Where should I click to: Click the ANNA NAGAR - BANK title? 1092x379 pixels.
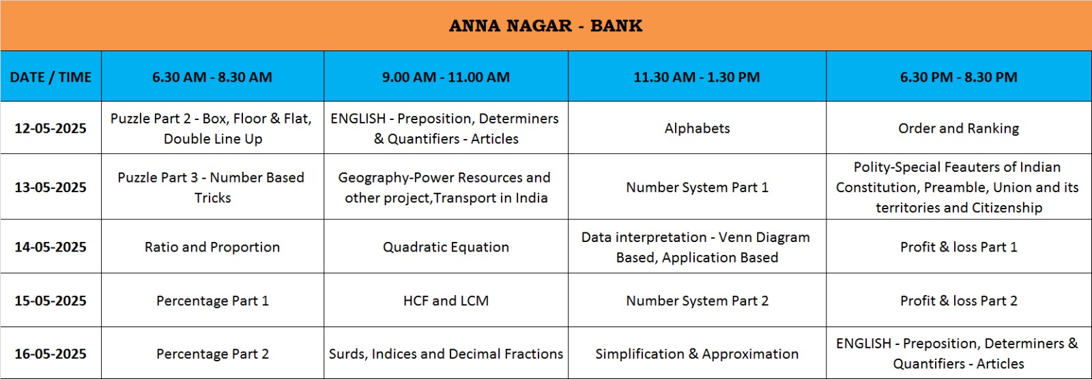pyautogui.click(x=545, y=26)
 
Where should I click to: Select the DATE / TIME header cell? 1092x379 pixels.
pyautogui.click(x=51, y=77)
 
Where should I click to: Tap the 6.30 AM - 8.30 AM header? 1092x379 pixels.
pyautogui.click(x=212, y=77)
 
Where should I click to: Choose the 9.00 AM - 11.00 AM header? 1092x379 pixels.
pyautogui.click(x=446, y=77)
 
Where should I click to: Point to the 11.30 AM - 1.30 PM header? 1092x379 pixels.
pyautogui.click(x=697, y=77)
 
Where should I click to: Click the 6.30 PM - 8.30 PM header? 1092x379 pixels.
pyautogui.click(x=958, y=77)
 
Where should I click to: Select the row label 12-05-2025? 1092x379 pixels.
pyautogui.click(x=51, y=128)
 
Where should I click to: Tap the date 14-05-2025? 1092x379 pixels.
pyautogui.click(x=51, y=247)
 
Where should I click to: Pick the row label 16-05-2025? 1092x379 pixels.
pyautogui.click(x=51, y=354)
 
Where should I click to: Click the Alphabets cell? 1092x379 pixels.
pyautogui.click(x=697, y=128)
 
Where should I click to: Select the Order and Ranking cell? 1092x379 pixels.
pyautogui.click(x=958, y=128)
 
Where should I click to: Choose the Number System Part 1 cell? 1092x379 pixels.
pyautogui.click(x=697, y=187)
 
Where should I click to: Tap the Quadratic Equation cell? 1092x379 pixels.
pyautogui.click(x=446, y=247)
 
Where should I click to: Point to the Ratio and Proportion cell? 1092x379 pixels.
pyautogui.click(x=212, y=247)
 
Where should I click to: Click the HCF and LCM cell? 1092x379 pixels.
pyautogui.click(x=446, y=301)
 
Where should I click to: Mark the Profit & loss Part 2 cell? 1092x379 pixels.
pyautogui.click(x=958, y=301)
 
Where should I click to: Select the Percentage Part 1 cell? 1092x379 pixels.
pyautogui.click(x=212, y=301)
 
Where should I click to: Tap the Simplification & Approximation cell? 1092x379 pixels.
pyautogui.click(x=697, y=354)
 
